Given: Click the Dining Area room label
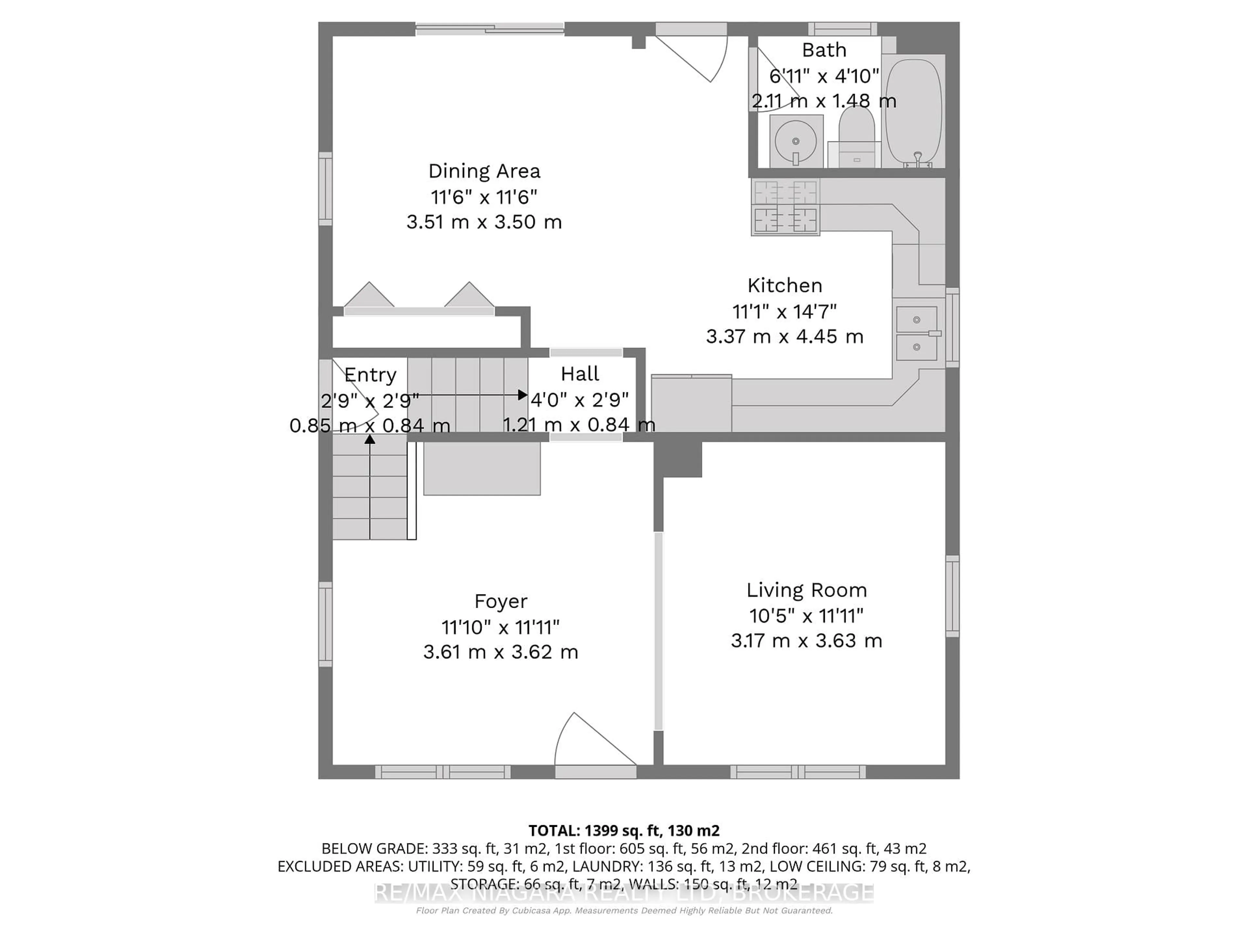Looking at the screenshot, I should click(484, 171).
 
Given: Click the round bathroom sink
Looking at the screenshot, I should click(796, 141).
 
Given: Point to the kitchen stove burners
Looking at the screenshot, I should click(785, 206).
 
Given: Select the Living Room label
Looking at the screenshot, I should click(806, 590).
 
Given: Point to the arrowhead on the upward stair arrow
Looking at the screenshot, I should click(370, 439).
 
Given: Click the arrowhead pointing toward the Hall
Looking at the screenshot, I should click(523, 395).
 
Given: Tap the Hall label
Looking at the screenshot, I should click(580, 373).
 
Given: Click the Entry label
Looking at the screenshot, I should click(370, 375).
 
